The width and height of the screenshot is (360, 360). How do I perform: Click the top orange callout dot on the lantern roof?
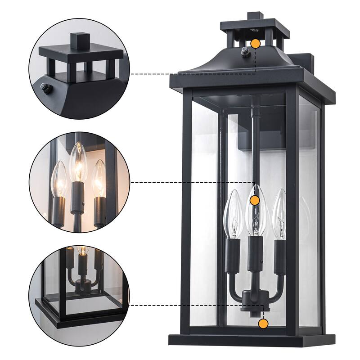pyautogui.click(x=255, y=44)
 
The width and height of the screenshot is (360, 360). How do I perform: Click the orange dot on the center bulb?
pyautogui.click(x=255, y=201)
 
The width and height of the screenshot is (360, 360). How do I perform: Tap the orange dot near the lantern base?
pyautogui.click(x=263, y=323)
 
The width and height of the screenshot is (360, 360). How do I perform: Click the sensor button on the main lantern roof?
pyautogui.click(x=246, y=51)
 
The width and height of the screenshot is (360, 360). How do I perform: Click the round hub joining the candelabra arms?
pyautogui.click(x=250, y=297)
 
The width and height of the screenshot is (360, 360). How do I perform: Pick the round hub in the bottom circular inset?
pyautogui.click(x=81, y=284)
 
